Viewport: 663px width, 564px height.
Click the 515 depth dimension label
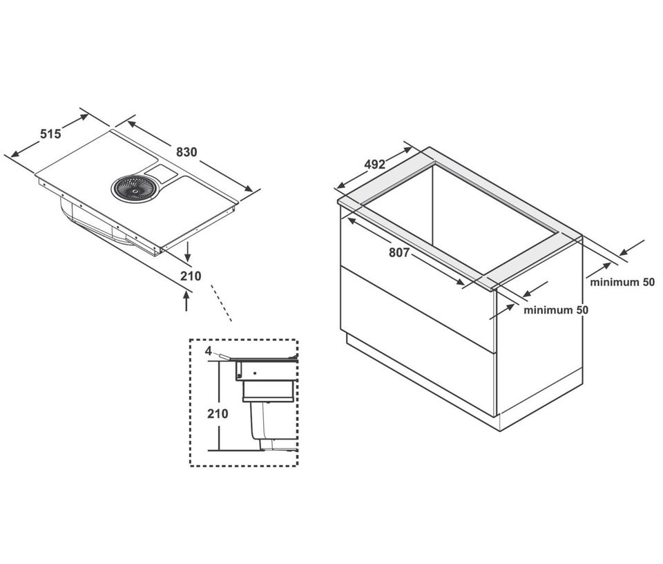pyautogui.click(x=50, y=133)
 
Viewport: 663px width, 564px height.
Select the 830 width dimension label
pyautogui.click(x=186, y=152)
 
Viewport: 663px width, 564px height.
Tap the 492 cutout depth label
pyautogui.click(x=375, y=164)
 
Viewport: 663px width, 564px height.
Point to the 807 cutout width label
pyautogui.click(x=399, y=252)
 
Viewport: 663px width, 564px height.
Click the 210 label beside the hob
pyautogui.click(x=191, y=276)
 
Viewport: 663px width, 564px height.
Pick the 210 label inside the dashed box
pyautogui.click(x=218, y=413)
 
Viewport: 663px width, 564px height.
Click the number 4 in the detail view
pyautogui.click(x=209, y=350)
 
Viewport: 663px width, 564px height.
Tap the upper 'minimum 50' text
pyautogui.click(x=622, y=282)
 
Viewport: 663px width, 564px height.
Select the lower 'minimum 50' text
pyautogui.click(x=555, y=310)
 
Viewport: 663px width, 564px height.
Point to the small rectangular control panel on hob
pyautogui.click(x=161, y=171)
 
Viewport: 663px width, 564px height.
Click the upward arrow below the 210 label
pyautogui.click(x=186, y=301)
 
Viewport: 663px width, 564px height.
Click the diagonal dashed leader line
pyautogui.click(x=221, y=303)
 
